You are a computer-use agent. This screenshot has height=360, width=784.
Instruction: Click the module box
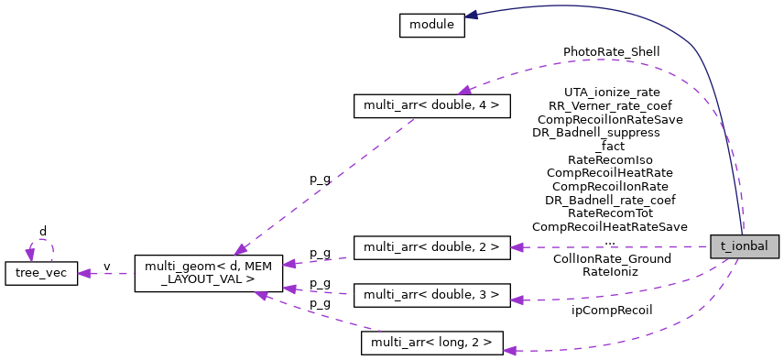(x=431, y=26)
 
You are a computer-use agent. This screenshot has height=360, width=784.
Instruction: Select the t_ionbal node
(x=745, y=246)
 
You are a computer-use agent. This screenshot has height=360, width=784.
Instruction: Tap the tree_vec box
(x=41, y=273)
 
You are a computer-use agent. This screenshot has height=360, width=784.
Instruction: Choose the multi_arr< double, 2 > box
(x=430, y=247)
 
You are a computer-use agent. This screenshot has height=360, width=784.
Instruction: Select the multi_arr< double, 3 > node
(x=430, y=295)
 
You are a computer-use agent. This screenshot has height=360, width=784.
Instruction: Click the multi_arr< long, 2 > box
(x=432, y=343)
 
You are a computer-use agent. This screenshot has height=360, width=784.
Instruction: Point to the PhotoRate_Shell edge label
(x=611, y=52)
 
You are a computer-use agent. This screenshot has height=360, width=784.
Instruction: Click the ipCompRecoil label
(x=612, y=310)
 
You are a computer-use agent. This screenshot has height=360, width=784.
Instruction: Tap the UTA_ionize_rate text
(x=612, y=93)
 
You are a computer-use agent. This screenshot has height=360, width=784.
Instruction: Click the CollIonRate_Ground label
(x=612, y=258)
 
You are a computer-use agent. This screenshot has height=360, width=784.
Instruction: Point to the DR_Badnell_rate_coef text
(x=610, y=200)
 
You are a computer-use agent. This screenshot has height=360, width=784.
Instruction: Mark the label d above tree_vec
(x=42, y=231)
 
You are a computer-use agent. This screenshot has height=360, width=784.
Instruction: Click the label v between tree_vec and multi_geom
(x=106, y=267)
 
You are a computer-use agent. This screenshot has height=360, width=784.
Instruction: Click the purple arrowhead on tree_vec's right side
(x=84, y=273)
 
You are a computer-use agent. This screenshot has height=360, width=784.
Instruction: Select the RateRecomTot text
(x=610, y=213)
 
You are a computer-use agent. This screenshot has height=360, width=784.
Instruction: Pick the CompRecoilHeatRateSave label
(x=610, y=226)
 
